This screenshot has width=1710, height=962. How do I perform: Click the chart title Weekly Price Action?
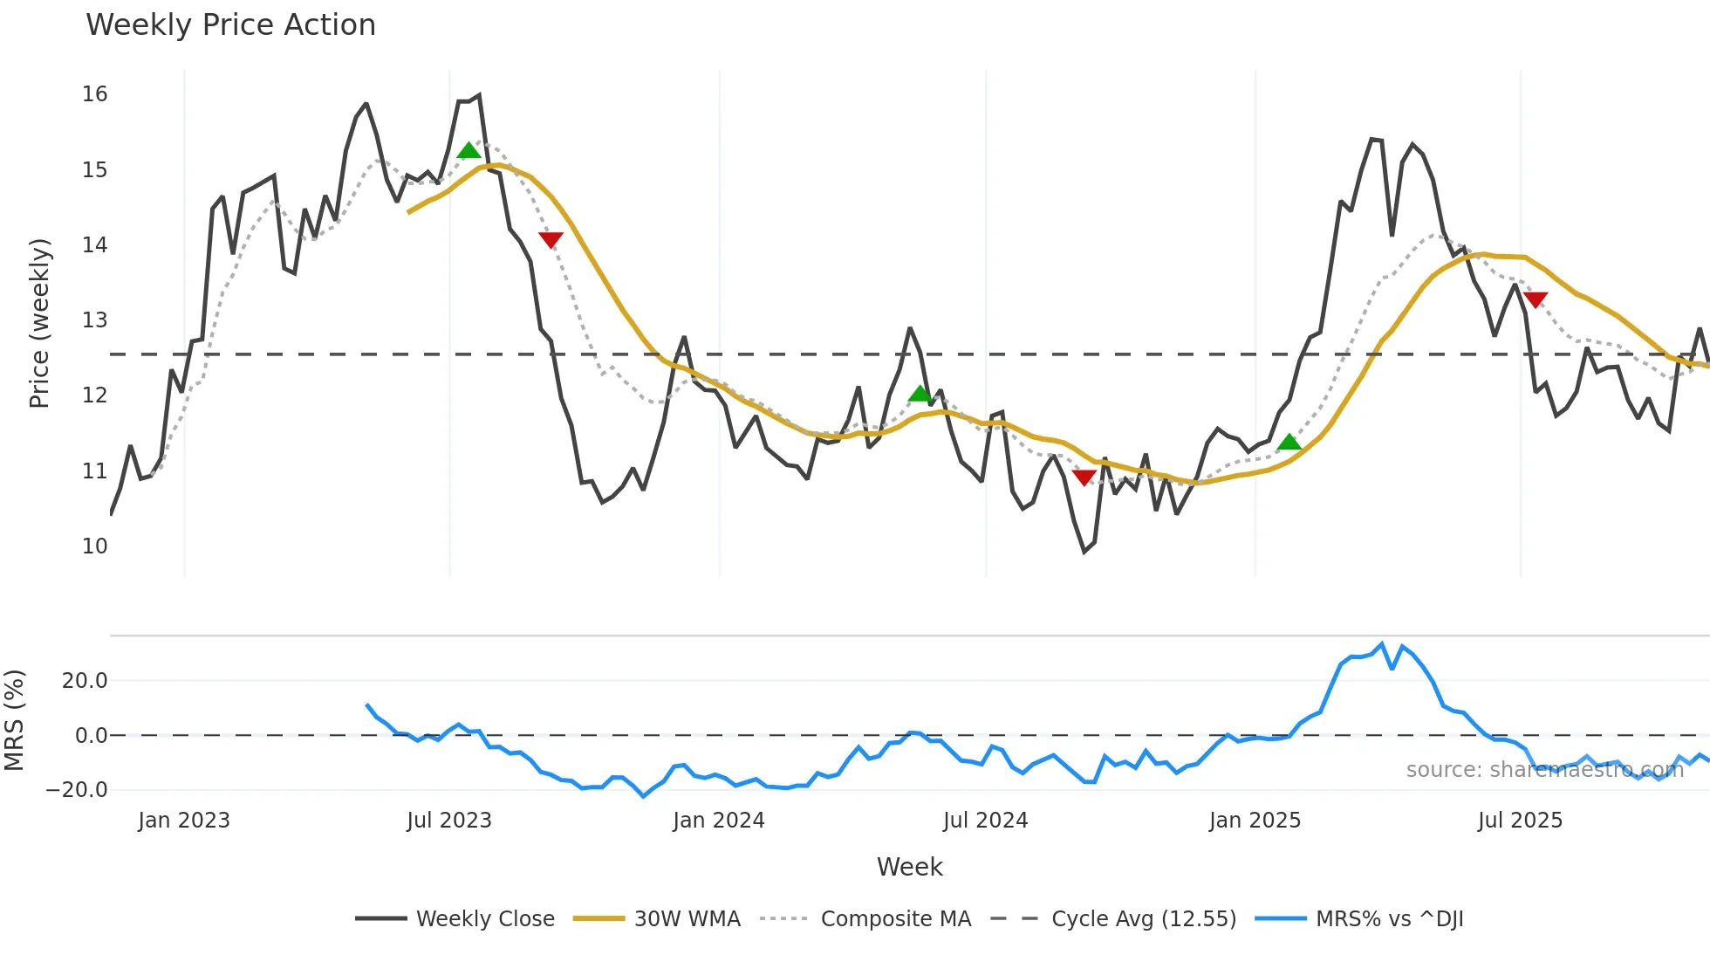[x=230, y=25]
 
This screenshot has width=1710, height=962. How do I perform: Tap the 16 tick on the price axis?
[x=94, y=94]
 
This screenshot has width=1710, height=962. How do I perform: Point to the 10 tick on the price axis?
[x=94, y=546]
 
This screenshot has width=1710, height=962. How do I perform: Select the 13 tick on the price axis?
[x=94, y=320]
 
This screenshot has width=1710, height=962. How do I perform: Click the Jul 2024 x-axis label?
[x=985, y=821]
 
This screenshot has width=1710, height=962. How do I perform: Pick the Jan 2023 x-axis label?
[x=184, y=821]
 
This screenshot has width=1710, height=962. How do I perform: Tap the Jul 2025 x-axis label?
[x=1520, y=821]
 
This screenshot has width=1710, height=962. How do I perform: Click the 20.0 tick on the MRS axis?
[x=85, y=681]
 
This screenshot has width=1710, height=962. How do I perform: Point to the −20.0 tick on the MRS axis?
[x=77, y=790]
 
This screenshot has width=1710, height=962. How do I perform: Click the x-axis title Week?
[x=909, y=867]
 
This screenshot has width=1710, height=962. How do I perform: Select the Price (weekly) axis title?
[x=39, y=323]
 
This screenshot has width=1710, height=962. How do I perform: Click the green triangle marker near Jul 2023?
[x=469, y=151]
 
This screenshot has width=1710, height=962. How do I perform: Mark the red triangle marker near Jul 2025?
[x=1535, y=299]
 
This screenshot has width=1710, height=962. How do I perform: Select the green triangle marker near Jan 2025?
[x=1289, y=443]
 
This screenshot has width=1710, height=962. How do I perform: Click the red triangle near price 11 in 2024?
[x=1084, y=478]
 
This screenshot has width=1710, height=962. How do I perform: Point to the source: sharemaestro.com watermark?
[x=1544, y=770]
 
